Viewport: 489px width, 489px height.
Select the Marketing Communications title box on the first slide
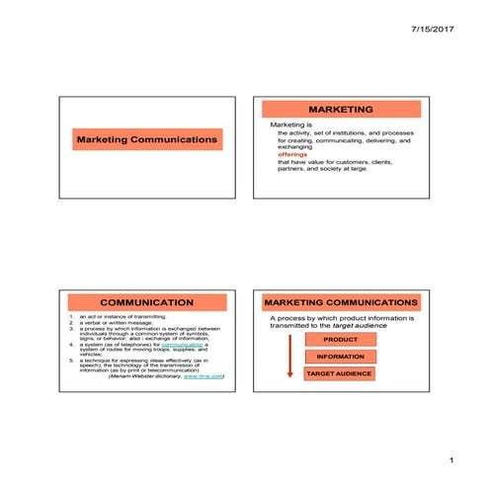(146, 140)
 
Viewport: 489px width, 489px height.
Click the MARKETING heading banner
(341, 109)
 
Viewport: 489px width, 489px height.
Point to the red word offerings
(292, 155)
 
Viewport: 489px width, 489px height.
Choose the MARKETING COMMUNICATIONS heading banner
(341, 301)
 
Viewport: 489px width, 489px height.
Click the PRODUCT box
(340, 340)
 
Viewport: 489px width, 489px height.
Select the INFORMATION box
(340, 357)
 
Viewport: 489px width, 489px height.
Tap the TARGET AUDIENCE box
(340, 374)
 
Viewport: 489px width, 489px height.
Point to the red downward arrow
(289, 357)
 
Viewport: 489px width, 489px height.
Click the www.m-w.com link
(204, 376)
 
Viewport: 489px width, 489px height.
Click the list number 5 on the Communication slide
(71, 361)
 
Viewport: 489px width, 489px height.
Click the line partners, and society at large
(321, 169)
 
